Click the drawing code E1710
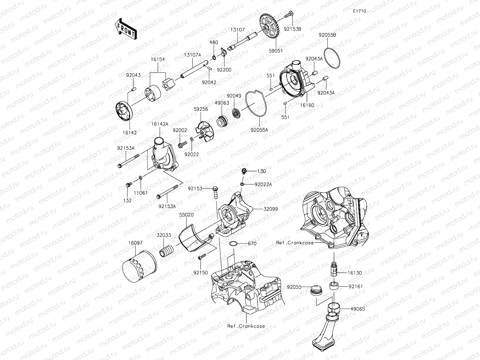point(359,11)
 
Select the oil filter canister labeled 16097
point(139,266)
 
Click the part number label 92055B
point(327,35)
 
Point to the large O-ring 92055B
point(333,58)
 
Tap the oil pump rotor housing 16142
point(123,111)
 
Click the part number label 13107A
point(192,55)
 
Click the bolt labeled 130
point(244,171)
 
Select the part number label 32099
point(270,209)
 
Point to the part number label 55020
point(186,215)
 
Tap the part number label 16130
point(354,273)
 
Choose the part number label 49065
point(357,309)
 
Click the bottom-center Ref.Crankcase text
point(246,326)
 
